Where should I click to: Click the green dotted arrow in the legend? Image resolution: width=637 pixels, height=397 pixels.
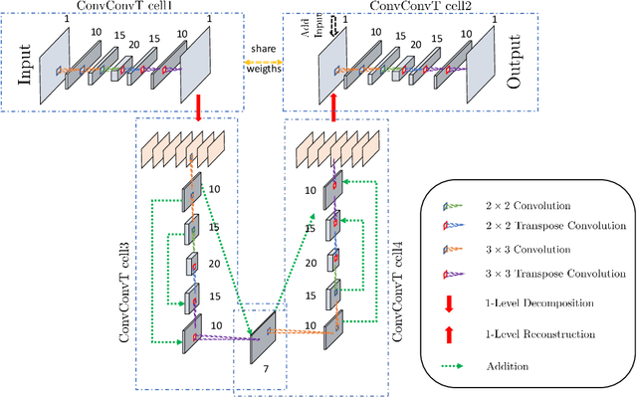tap(458, 366)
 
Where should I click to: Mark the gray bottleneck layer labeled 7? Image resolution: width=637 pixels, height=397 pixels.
tap(263, 336)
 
